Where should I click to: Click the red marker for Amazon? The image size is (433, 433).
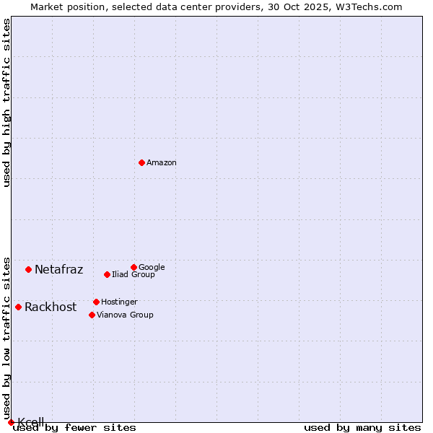pos(141,162)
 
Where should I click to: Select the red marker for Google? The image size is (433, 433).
pos(134,267)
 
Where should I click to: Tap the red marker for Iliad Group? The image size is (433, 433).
pos(107,274)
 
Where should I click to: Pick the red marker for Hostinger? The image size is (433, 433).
pos(96,302)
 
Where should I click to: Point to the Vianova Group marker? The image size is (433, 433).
pos(92,315)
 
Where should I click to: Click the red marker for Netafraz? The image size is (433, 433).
pos(28,269)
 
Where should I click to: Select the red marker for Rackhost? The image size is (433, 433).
pos(18,307)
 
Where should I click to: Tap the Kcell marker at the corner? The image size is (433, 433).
pos(11,422)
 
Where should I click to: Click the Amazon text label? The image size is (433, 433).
pos(162,163)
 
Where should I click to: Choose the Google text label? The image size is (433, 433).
pos(152,268)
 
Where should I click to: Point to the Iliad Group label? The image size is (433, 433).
pos(134,275)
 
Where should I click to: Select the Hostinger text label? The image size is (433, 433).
pos(119,302)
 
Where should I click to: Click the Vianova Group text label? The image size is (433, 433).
pos(125,315)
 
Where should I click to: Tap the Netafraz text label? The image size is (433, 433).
pos(59,270)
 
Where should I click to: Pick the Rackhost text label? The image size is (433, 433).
pos(51,307)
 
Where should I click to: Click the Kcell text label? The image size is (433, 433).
pos(31,421)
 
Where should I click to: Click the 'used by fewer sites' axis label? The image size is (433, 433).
pos(74,428)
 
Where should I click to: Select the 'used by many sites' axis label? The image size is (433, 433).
pos(362,428)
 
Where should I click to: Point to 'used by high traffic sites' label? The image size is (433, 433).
pos(6,102)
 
